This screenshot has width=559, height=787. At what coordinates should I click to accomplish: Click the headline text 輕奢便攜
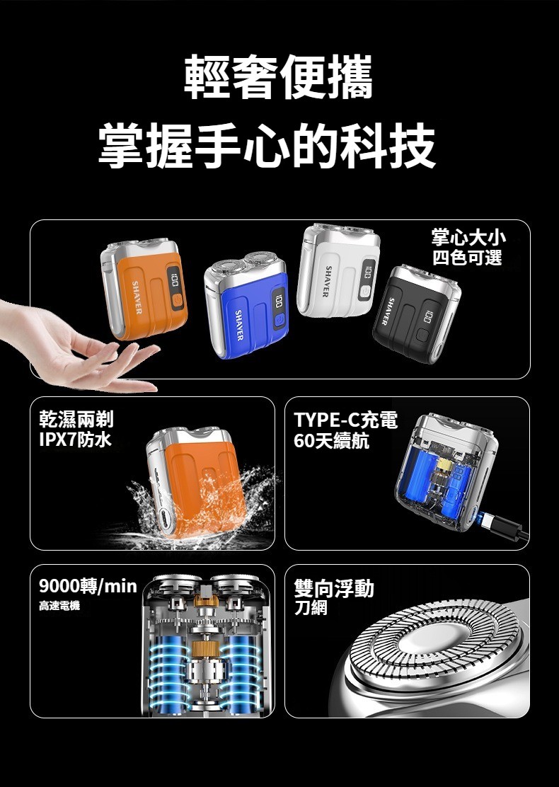pos(278,77)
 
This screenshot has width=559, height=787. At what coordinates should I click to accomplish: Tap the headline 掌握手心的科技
pos(267,146)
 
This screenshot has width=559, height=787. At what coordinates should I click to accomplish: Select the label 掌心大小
pos(468,237)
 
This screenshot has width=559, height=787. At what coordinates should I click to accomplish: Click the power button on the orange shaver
pos(176,301)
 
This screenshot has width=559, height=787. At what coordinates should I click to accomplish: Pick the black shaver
pos(417,315)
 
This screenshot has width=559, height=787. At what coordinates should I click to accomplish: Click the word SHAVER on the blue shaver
pos(239,326)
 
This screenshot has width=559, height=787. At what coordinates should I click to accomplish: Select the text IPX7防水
pos(75,440)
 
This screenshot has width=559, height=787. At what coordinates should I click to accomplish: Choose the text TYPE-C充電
pos(346,420)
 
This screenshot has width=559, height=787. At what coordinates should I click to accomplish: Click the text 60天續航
pos(331,441)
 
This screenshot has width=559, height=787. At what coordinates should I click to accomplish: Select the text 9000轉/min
pos(88,585)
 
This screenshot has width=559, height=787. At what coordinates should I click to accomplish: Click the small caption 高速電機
pos(59,607)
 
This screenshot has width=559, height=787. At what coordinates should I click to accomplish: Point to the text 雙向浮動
pos(334,587)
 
